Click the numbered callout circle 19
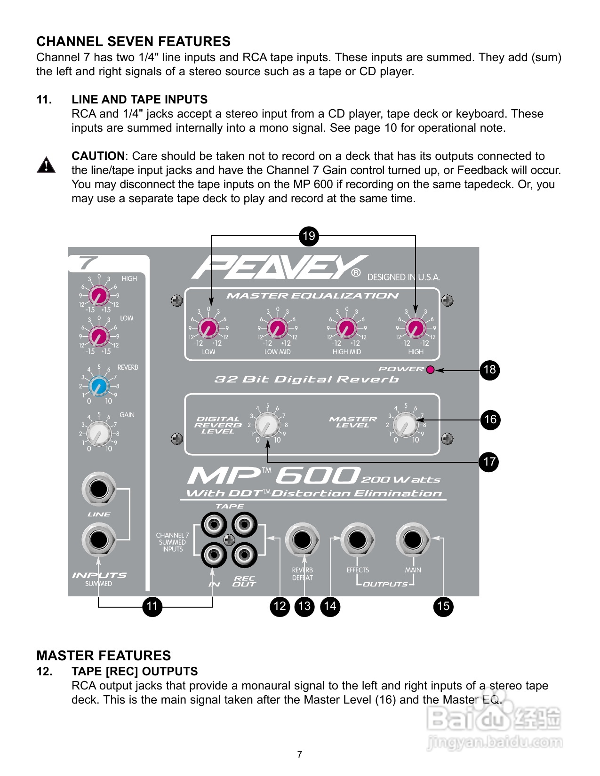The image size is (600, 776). click(309, 236)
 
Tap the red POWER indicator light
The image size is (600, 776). click(430, 370)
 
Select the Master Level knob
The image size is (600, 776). click(405, 425)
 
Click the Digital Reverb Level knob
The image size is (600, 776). click(267, 425)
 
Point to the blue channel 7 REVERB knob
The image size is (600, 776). click(99, 386)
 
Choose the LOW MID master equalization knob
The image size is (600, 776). click(278, 328)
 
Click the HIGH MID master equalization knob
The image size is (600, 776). click(347, 328)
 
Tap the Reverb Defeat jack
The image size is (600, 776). click(302, 539)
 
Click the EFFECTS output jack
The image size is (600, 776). click(358, 539)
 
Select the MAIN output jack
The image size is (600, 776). click(413, 539)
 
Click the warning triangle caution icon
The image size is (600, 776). click(46, 165)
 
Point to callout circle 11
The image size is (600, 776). click(152, 606)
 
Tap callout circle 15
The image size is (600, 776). click(443, 606)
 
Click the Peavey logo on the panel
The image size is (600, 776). click(278, 267)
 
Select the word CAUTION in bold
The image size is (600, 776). click(98, 156)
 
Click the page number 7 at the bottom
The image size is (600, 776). click(300, 754)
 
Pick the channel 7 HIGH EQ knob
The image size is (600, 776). click(99, 296)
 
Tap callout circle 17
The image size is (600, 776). click(489, 462)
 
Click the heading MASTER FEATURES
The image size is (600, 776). click(104, 656)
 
